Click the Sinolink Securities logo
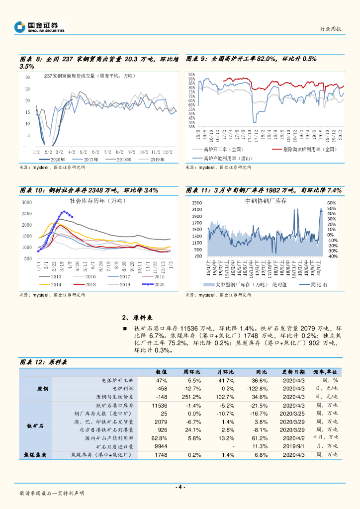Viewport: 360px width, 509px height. click(x=40, y=27)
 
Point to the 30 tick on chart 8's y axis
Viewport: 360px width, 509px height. click(x=28, y=77)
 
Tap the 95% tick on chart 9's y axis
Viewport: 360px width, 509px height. click(x=191, y=75)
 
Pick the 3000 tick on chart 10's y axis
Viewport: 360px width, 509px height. click(x=27, y=202)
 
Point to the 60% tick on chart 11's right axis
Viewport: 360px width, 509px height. click(x=332, y=203)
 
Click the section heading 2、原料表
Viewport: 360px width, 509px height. click(x=137, y=318)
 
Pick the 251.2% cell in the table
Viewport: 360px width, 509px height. click(x=191, y=397)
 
